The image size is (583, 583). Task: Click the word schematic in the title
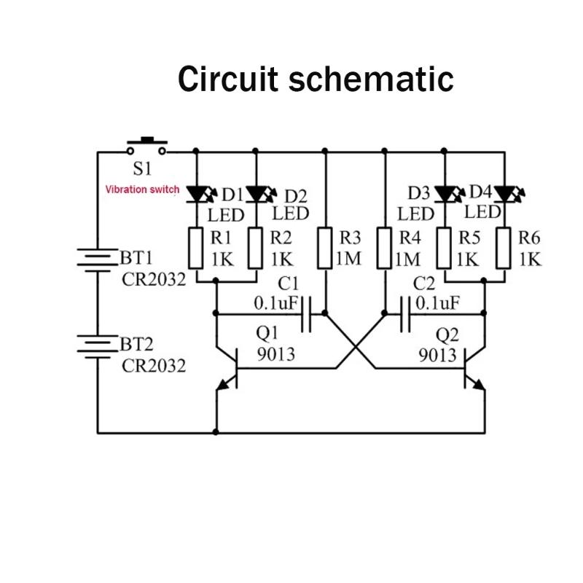[x=372, y=79]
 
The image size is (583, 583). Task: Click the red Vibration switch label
[x=142, y=189]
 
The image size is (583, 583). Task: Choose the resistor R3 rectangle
[x=326, y=248]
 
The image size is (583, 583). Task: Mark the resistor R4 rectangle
[x=385, y=248]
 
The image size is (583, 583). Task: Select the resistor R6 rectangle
[x=504, y=248]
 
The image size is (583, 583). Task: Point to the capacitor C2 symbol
[x=405, y=314]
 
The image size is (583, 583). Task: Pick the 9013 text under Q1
[x=278, y=355]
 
